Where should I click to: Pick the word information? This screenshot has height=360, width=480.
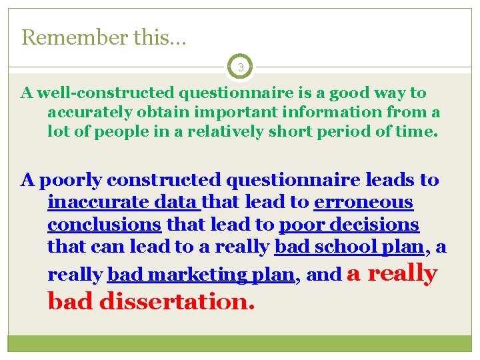point(322,111)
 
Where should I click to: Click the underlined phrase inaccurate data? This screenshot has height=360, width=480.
point(123,202)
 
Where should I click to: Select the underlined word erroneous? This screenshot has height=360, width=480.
point(363,202)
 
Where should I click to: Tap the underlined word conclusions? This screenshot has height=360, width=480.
point(104,224)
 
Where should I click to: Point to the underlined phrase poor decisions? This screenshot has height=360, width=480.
point(349,224)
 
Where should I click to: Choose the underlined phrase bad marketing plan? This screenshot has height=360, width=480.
point(201,275)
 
